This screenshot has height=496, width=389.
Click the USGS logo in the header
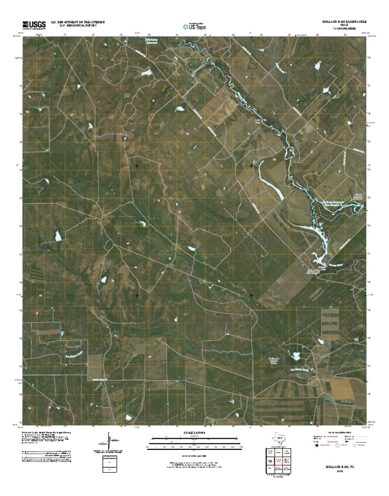tap(34, 24)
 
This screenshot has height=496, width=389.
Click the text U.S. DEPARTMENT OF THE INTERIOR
tap(77, 22)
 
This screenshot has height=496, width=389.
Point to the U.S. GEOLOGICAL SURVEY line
tap(77, 26)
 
